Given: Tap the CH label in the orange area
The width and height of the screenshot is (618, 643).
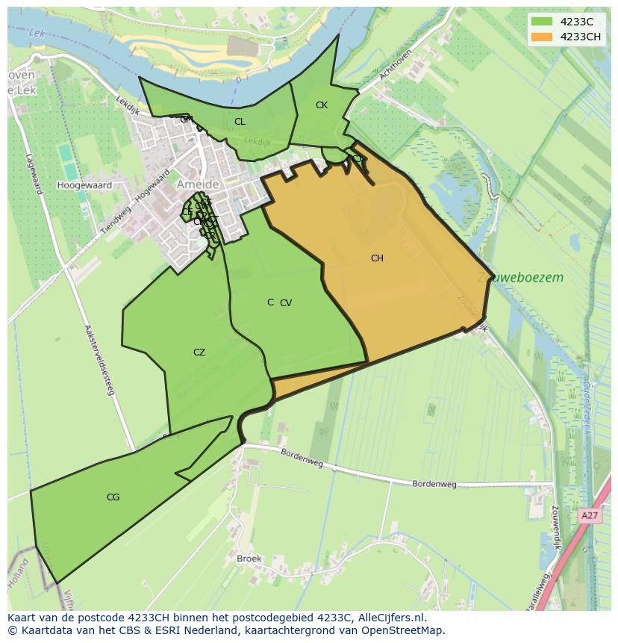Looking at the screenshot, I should [x=377, y=258].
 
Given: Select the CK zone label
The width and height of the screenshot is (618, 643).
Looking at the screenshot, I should [x=322, y=105].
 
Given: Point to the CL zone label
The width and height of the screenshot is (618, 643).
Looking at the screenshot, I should [x=240, y=122].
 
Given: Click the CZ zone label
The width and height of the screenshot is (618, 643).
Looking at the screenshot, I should [x=199, y=352].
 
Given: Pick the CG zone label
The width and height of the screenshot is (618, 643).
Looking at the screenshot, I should [x=113, y=497].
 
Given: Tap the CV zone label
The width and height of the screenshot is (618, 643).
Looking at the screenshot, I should [x=286, y=303].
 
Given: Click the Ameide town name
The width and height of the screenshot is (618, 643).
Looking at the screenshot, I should [x=199, y=184].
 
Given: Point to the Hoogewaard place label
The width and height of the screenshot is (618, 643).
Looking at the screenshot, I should [x=84, y=185].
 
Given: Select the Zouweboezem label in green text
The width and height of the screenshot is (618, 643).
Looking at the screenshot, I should [x=520, y=278].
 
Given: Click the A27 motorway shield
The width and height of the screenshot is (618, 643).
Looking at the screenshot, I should [x=589, y=516].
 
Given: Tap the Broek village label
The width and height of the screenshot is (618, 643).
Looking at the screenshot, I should [x=249, y=559].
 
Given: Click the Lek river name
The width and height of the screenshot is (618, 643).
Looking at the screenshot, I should [x=37, y=33].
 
